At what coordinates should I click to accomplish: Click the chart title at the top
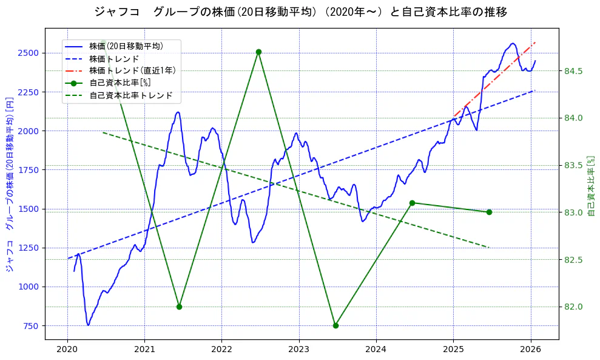point(300,12)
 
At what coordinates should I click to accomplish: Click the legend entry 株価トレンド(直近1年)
point(132,70)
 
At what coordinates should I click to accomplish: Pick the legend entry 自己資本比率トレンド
point(130,95)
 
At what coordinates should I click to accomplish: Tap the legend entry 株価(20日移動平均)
point(126,46)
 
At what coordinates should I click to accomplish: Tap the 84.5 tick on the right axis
point(573,71)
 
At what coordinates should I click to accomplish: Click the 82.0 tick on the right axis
point(573,307)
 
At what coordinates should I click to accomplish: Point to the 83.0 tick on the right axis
point(573,212)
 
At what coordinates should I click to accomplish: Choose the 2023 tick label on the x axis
point(298,349)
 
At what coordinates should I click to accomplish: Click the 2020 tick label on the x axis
point(67,349)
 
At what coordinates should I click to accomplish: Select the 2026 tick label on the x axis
point(530,349)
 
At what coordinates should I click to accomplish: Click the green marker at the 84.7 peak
point(258,52)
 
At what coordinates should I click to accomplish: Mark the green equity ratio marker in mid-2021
point(179,307)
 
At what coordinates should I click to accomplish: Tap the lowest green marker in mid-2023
point(335,325)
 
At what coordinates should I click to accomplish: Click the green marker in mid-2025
point(489,212)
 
